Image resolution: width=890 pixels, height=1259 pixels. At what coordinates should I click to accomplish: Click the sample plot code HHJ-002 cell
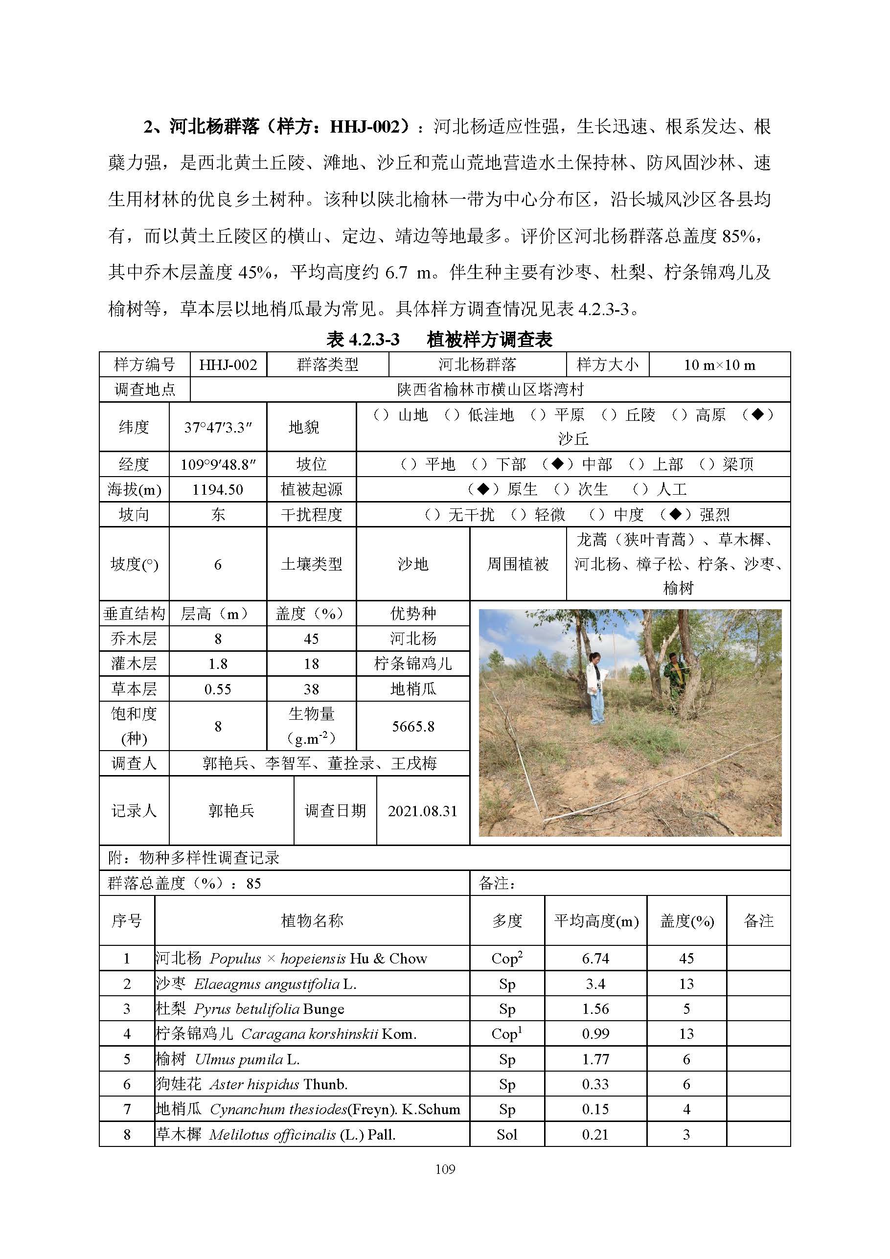(x=228, y=365)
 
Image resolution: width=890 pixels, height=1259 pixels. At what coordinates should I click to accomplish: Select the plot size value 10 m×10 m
(x=719, y=365)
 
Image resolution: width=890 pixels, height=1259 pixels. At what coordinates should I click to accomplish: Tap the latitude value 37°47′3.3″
(x=218, y=427)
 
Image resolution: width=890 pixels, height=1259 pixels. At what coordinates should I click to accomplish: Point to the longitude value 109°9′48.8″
(x=218, y=465)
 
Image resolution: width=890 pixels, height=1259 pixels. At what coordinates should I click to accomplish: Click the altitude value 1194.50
(x=218, y=490)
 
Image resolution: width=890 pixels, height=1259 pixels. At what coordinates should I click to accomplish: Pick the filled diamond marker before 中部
(x=557, y=464)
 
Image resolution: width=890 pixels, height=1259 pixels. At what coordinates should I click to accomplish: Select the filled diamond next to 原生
(x=483, y=488)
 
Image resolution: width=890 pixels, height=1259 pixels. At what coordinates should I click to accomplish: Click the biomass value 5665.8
(x=413, y=727)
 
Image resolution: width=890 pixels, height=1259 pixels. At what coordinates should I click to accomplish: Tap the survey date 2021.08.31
(x=422, y=811)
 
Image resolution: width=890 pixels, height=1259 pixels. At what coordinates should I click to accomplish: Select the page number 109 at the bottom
(x=445, y=1169)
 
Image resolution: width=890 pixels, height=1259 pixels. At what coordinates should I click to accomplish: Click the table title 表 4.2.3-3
(x=363, y=340)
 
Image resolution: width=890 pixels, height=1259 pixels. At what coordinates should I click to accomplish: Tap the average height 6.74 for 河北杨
(x=595, y=958)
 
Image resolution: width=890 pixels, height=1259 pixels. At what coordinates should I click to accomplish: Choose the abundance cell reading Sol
(x=507, y=1135)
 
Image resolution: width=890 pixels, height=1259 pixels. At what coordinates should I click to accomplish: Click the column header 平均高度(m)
(x=596, y=921)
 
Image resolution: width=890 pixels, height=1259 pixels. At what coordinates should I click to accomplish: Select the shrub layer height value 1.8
(x=218, y=664)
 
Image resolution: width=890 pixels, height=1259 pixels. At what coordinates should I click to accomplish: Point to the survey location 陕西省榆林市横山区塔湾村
(x=490, y=390)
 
